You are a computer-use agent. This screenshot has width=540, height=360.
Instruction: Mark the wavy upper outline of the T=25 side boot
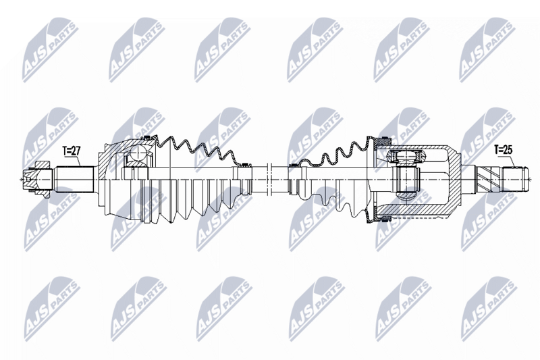pos(331,154)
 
